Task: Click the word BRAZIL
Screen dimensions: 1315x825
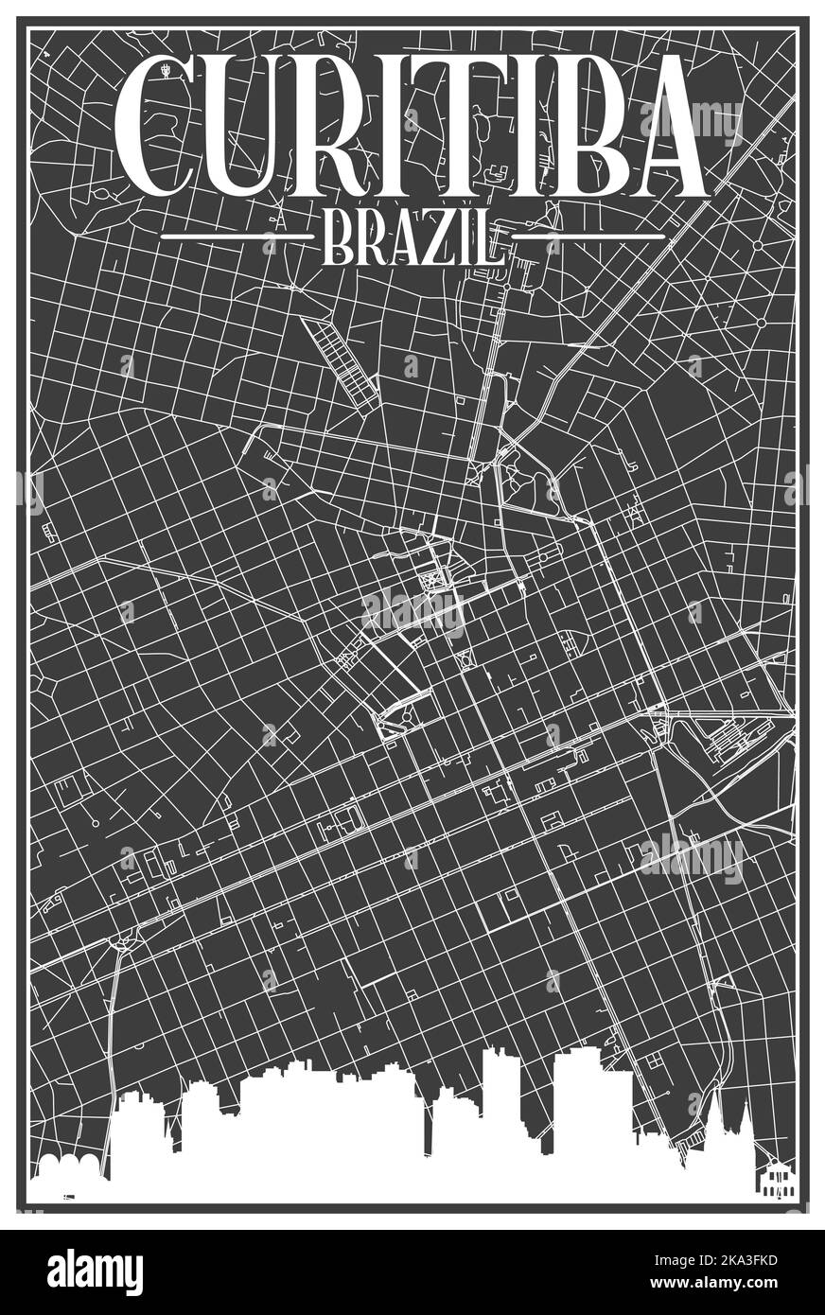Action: pos(412,238)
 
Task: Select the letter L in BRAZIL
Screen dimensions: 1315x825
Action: pos(488,238)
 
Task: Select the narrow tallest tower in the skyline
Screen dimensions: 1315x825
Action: pos(500,1097)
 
